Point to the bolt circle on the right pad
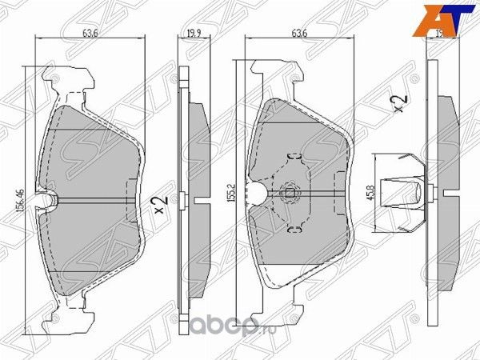coord(290,192)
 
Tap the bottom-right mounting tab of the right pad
coord(314,307)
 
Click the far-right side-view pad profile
coord(444,192)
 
